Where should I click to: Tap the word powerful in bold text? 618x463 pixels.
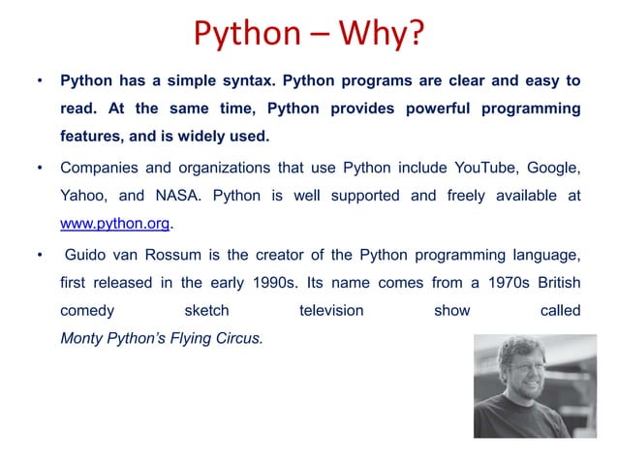(426, 108)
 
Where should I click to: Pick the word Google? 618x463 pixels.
(553, 169)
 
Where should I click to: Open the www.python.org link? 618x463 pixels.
(115, 224)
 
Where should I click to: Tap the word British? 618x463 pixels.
(555, 284)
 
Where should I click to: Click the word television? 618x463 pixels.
(331, 312)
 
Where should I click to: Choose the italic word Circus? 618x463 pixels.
(237, 340)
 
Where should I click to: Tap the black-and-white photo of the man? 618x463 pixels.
(522, 386)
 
